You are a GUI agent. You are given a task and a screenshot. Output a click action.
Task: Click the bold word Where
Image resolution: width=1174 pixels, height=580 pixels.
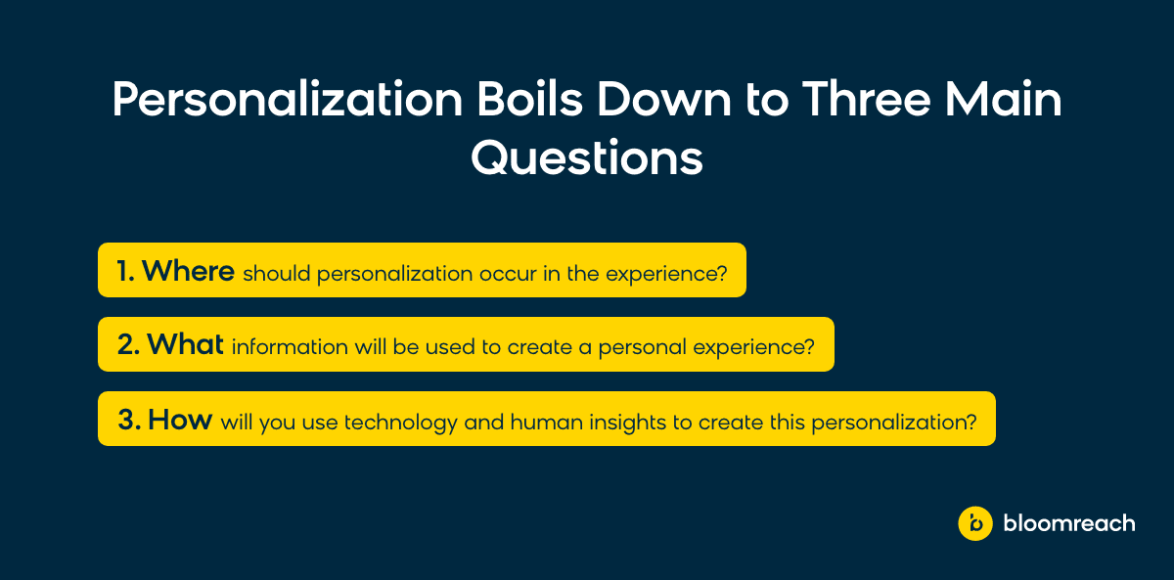pos(188,271)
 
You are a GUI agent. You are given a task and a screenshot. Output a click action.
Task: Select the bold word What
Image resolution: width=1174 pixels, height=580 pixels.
pos(185,344)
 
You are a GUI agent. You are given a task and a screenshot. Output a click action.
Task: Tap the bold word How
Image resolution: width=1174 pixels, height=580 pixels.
pos(180,420)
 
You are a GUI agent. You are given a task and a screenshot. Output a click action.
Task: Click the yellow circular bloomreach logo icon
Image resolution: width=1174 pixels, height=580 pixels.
pos(974,523)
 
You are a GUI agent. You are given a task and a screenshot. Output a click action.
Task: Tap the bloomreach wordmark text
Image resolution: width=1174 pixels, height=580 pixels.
pos(1069,523)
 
